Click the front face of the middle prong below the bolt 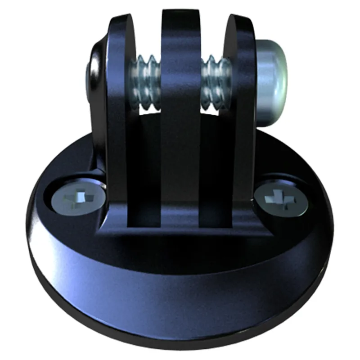(180, 157)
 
